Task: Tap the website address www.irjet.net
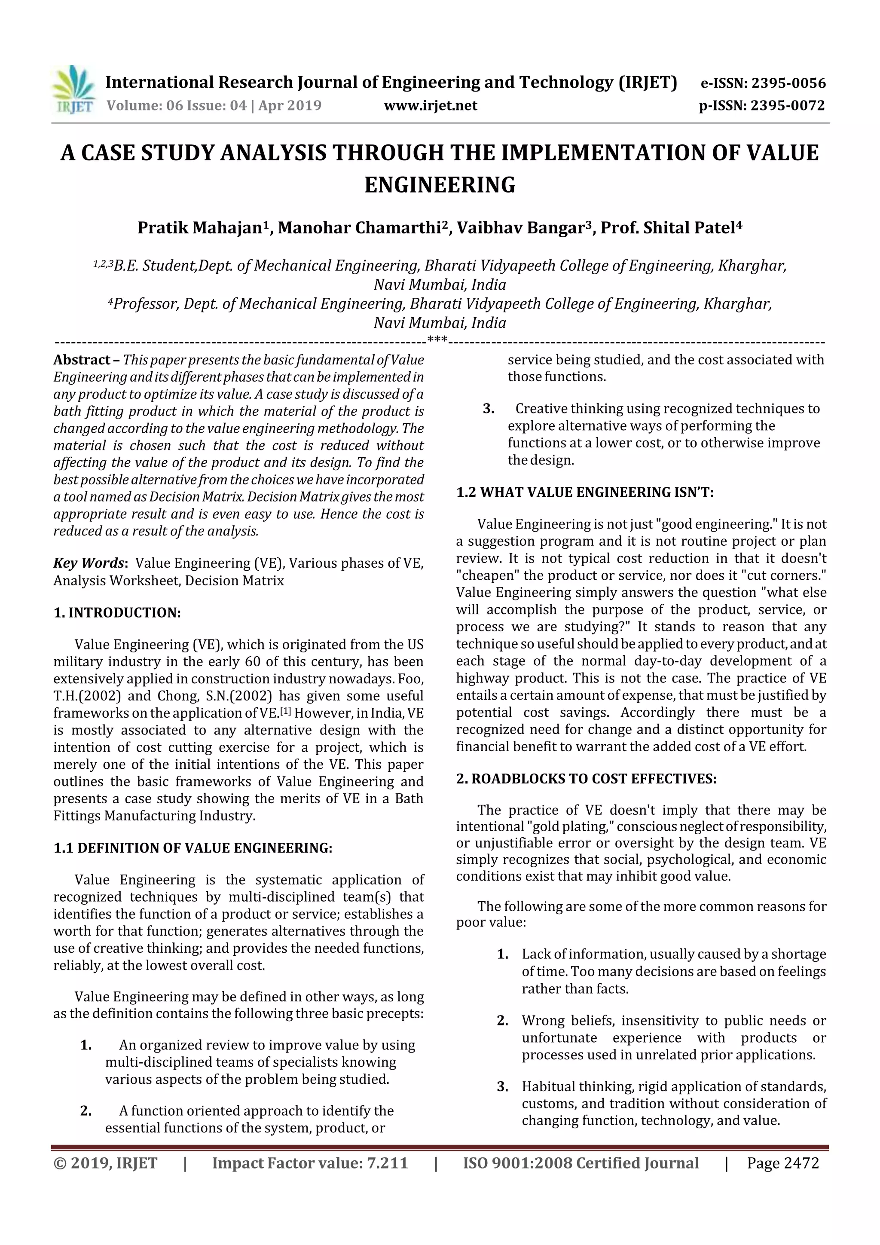click(430, 106)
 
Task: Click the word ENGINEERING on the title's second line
click(439, 185)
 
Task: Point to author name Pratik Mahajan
click(199, 228)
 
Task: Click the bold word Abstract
click(82, 360)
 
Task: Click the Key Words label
click(89, 563)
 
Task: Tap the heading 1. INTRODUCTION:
click(117, 613)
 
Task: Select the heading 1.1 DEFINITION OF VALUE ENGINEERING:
click(192, 848)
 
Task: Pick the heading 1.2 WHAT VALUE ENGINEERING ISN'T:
click(585, 492)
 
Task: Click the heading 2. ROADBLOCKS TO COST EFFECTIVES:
click(586, 779)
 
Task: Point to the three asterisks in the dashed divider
click(437, 340)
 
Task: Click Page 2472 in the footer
click(782, 1162)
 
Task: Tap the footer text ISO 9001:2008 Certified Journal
click(581, 1162)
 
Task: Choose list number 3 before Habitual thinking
click(502, 1087)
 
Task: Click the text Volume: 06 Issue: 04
click(176, 106)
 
